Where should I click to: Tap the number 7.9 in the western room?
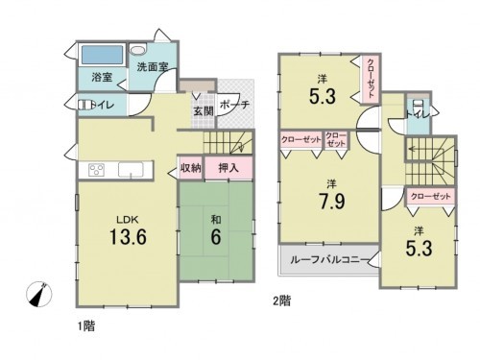(x=330, y=201)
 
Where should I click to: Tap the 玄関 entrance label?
(x=203, y=111)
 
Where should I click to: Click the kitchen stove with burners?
(x=98, y=170)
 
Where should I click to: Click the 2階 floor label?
(x=279, y=300)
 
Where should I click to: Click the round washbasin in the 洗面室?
(x=138, y=51)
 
